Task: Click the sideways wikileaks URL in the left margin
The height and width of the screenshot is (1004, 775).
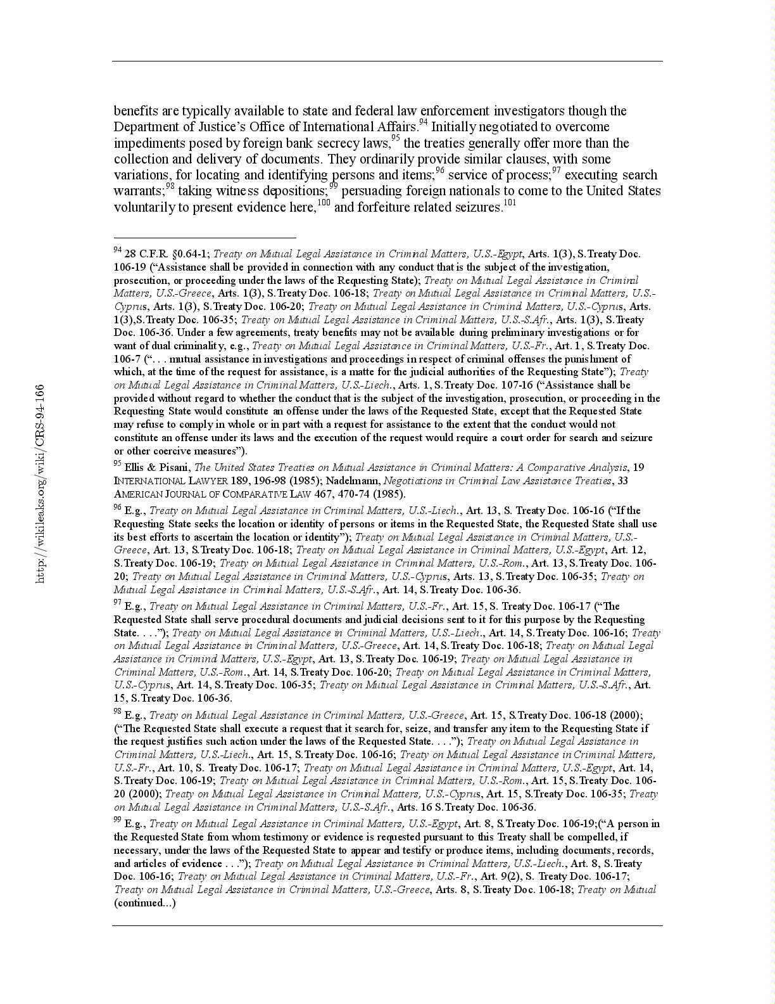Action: pyautogui.click(x=40, y=484)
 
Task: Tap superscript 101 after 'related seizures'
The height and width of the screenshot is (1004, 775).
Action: pyautogui.click(x=510, y=203)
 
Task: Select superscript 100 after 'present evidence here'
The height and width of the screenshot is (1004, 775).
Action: pyautogui.click(x=324, y=203)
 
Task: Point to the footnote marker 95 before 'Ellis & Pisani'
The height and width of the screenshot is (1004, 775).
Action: pyautogui.click(x=118, y=464)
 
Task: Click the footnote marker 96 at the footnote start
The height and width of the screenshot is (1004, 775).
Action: pyautogui.click(x=118, y=507)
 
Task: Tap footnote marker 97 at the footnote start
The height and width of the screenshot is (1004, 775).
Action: pyautogui.click(x=118, y=603)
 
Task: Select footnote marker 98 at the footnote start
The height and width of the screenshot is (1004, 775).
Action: pyautogui.click(x=118, y=712)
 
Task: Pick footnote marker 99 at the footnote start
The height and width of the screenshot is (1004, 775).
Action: pyautogui.click(x=118, y=820)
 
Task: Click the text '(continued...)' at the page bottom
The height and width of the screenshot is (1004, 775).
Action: pyautogui.click(x=145, y=903)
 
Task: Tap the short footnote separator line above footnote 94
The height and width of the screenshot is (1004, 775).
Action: pyautogui.click(x=205, y=238)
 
